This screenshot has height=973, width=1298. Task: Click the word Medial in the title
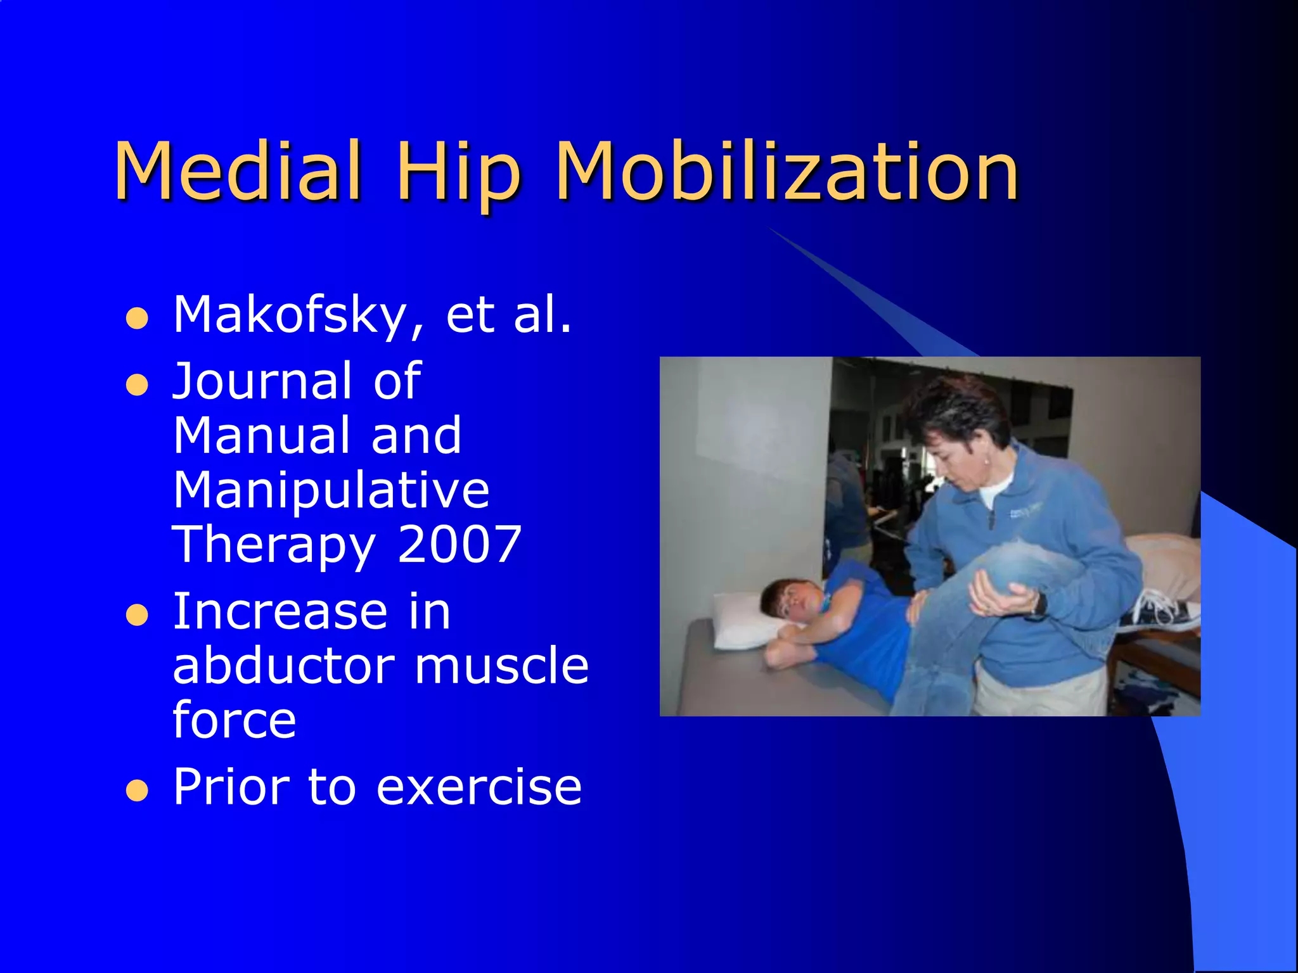[x=238, y=171]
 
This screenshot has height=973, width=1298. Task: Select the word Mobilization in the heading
[x=786, y=171]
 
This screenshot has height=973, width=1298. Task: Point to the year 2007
[x=459, y=544]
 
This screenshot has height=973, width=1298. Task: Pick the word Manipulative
[x=331, y=490]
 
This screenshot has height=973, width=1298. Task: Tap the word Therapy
[x=274, y=545]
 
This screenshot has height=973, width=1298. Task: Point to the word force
[x=234, y=720]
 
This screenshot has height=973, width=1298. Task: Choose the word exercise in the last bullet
[x=479, y=787]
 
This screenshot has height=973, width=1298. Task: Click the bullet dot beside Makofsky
[x=137, y=318]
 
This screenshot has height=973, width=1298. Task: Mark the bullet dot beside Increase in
[x=137, y=614]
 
